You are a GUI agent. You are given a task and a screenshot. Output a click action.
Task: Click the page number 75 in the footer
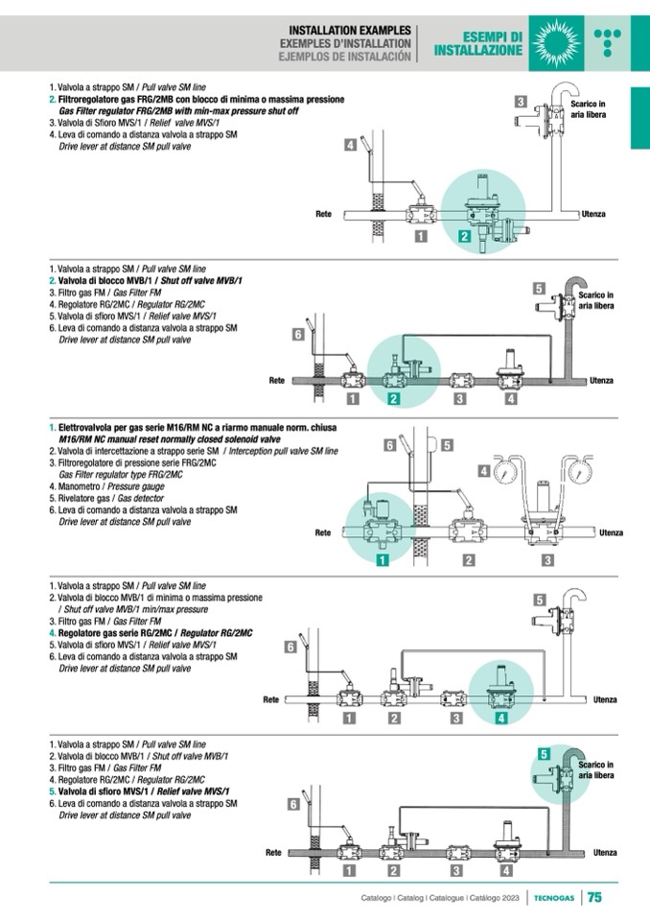pos(594,898)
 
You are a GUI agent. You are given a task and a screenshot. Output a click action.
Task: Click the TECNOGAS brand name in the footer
pos(555,898)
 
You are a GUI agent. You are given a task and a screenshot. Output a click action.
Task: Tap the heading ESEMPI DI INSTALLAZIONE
pos(478,44)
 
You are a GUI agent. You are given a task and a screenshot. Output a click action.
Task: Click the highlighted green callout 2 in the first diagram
pos(464,236)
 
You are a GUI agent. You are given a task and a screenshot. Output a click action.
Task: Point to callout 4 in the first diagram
pos(351,146)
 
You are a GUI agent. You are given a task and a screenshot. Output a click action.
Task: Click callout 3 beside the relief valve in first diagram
pos(521,102)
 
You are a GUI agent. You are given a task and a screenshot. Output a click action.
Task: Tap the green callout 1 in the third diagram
pos(382,559)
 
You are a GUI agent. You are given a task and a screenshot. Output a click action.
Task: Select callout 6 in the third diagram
pos(390,445)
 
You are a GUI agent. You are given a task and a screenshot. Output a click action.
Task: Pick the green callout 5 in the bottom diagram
pos(544,754)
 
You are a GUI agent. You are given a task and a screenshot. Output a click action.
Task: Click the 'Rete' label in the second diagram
pos(277,381)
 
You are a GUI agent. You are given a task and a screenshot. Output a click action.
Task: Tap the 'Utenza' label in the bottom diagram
pos(605,852)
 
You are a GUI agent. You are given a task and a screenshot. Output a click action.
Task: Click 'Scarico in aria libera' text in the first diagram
pos(588,108)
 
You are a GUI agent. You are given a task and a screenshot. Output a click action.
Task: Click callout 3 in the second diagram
pos(460,398)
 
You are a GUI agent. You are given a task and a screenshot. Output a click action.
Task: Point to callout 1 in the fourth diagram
pos(350,718)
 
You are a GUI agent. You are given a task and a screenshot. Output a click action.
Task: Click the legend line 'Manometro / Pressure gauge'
pos(96,486)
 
